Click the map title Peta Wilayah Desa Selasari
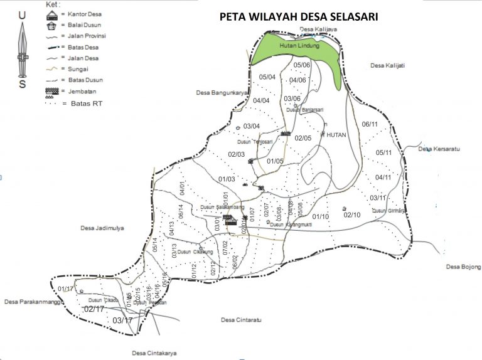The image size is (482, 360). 298,17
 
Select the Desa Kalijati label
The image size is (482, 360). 387,65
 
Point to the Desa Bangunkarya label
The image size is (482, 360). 221,93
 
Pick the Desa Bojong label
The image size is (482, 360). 463,267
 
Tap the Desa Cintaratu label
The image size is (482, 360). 241,320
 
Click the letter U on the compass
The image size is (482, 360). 22,14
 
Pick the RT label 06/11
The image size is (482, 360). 370,124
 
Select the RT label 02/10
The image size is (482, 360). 352,215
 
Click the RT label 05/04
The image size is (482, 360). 267,77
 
